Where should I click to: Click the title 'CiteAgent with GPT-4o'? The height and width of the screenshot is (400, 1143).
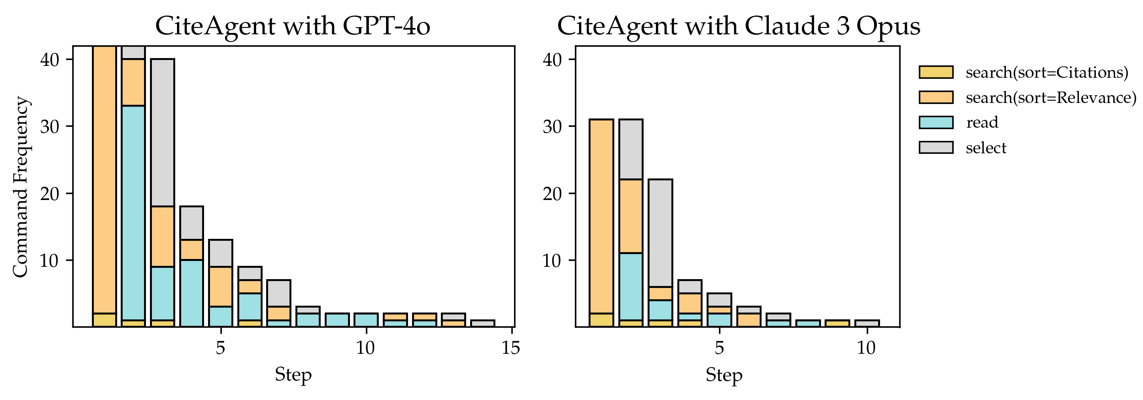tap(293, 26)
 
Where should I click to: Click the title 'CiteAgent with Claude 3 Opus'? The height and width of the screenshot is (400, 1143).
tap(738, 26)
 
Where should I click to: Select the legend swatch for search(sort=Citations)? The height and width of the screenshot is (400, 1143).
tap(936, 72)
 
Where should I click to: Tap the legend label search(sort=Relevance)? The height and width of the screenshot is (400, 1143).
tap(1051, 97)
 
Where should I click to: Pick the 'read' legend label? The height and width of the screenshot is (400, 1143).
tap(982, 123)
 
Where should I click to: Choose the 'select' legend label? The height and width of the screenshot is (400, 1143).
tap(986, 148)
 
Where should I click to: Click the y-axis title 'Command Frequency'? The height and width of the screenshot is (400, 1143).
tap(21, 187)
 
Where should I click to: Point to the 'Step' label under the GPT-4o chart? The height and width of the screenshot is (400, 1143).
tap(293, 374)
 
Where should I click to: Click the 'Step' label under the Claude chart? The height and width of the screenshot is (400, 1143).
tap(724, 374)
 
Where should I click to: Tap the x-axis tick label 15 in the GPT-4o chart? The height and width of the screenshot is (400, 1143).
tap(510, 348)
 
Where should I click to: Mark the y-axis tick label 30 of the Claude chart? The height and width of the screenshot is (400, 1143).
tap(553, 126)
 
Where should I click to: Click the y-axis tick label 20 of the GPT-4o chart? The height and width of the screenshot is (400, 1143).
tap(50, 194)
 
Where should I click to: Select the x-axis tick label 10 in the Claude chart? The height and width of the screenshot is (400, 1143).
tap(866, 348)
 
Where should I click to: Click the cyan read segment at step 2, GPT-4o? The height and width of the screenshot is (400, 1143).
tap(133, 213)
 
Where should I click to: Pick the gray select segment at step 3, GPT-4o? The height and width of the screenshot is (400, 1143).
tap(162, 133)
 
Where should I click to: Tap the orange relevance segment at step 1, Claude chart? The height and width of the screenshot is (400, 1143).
tap(601, 216)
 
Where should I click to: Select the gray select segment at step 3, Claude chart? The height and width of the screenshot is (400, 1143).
tap(660, 233)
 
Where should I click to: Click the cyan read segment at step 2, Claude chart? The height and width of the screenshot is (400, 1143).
tap(631, 286)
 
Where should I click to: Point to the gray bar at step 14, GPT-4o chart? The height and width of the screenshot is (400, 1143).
tap(483, 324)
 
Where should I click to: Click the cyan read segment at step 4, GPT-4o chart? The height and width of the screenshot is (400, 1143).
tap(192, 293)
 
